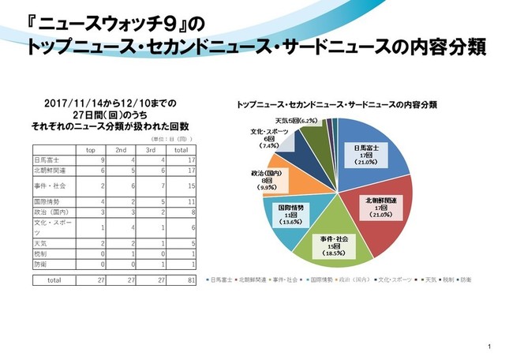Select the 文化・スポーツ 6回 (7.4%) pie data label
268,139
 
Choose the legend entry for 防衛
466,279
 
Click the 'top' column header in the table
91,148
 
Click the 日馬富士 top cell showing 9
103,159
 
